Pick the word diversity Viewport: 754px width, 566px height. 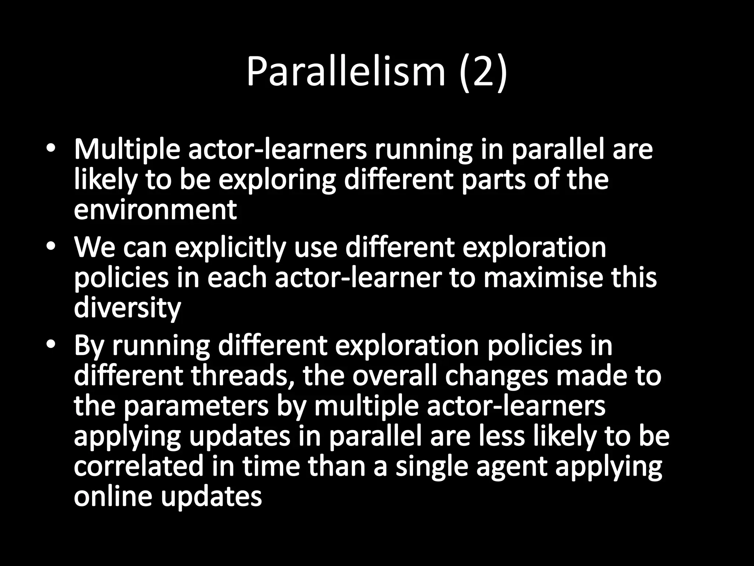pos(127,308)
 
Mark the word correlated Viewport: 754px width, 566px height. pos(138,466)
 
